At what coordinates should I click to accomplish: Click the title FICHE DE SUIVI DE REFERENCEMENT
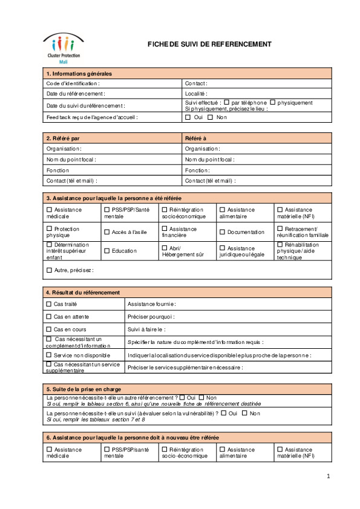[209, 44]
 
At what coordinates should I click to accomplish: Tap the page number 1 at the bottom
[328, 476]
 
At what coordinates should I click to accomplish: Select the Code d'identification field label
[73, 83]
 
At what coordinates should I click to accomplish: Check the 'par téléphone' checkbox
[227, 103]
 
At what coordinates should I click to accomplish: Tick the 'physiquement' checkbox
[273, 103]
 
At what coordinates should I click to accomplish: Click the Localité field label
[196, 94]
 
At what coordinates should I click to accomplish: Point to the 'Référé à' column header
[195, 138]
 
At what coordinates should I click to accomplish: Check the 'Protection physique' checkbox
[50, 229]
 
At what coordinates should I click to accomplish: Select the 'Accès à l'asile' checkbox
[107, 232]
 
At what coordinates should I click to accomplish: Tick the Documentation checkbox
[222, 232]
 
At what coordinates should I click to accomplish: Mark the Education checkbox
[107, 251]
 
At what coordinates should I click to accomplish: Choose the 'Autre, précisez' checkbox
[50, 270]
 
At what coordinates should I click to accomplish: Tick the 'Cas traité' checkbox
[50, 303]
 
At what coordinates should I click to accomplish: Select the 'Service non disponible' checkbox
[50, 355]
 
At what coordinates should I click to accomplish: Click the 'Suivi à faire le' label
[146, 329]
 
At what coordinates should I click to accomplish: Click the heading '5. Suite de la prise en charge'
[83, 388]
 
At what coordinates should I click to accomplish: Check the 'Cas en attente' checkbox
[50, 316]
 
